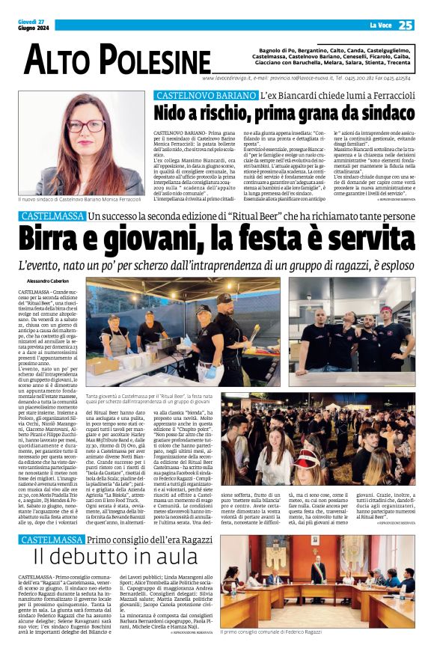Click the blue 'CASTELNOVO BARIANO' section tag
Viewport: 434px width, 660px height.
pyautogui.click(x=205, y=96)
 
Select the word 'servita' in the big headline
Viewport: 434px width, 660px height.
pyautogui.click(x=370, y=239)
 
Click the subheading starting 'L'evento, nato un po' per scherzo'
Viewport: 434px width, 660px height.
pyautogui.click(x=217, y=266)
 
